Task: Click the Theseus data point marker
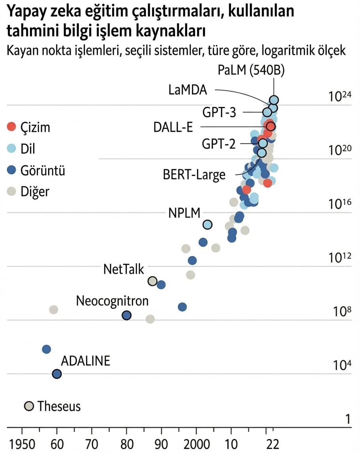point(29,406)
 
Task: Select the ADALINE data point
point(57,374)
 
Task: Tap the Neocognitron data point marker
point(126,315)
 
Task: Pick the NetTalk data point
point(152,281)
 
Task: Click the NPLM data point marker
point(207,224)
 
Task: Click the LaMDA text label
point(187,90)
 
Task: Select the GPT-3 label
point(219,112)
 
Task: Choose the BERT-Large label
point(194,174)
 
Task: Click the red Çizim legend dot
point(12,127)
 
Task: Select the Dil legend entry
point(27,148)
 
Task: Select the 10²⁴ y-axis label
point(340,97)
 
